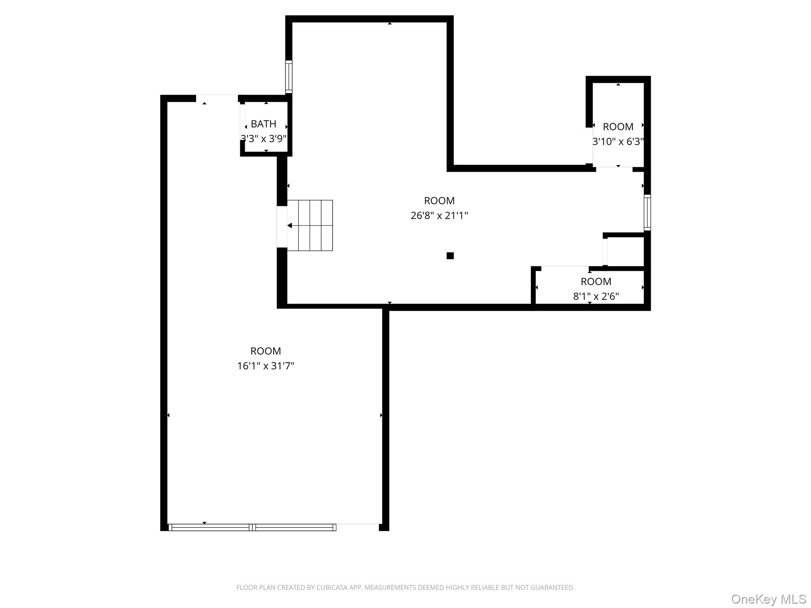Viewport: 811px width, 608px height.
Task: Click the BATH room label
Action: pyautogui.click(x=263, y=124)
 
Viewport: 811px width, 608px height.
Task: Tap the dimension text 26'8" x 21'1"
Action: pyautogui.click(x=439, y=216)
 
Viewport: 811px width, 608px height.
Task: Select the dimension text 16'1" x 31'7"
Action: pyautogui.click(x=266, y=366)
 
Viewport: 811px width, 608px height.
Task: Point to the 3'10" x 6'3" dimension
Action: pyautogui.click(x=618, y=142)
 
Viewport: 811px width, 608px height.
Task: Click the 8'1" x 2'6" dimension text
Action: pyautogui.click(x=596, y=296)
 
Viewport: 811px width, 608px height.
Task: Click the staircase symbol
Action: pyautogui.click(x=310, y=225)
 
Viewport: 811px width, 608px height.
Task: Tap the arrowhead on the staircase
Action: pyautogui.click(x=290, y=226)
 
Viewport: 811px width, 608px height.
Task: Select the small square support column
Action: pyautogui.click(x=450, y=256)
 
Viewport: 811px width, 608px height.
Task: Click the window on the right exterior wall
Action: pyautogui.click(x=647, y=212)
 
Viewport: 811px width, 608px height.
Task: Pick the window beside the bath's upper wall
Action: pyautogui.click(x=289, y=77)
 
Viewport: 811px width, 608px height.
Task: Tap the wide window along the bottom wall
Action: pyautogui.click(x=252, y=527)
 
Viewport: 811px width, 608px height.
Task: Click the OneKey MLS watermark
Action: pyautogui.click(x=768, y=599)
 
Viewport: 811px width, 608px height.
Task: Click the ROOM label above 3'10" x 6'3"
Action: pyautogui.click(x=618, y=127)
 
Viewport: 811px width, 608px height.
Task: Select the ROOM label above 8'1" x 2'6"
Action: pyautogui.click(x=596, y=281)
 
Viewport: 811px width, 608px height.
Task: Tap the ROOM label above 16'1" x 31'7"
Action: pyautogui.click(x=266, y=351)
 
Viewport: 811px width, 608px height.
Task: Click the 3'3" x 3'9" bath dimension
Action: pyautogui.click(x=263, y=139)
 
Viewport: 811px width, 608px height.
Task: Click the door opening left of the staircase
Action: pyautogui.click(x=282, y=227)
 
